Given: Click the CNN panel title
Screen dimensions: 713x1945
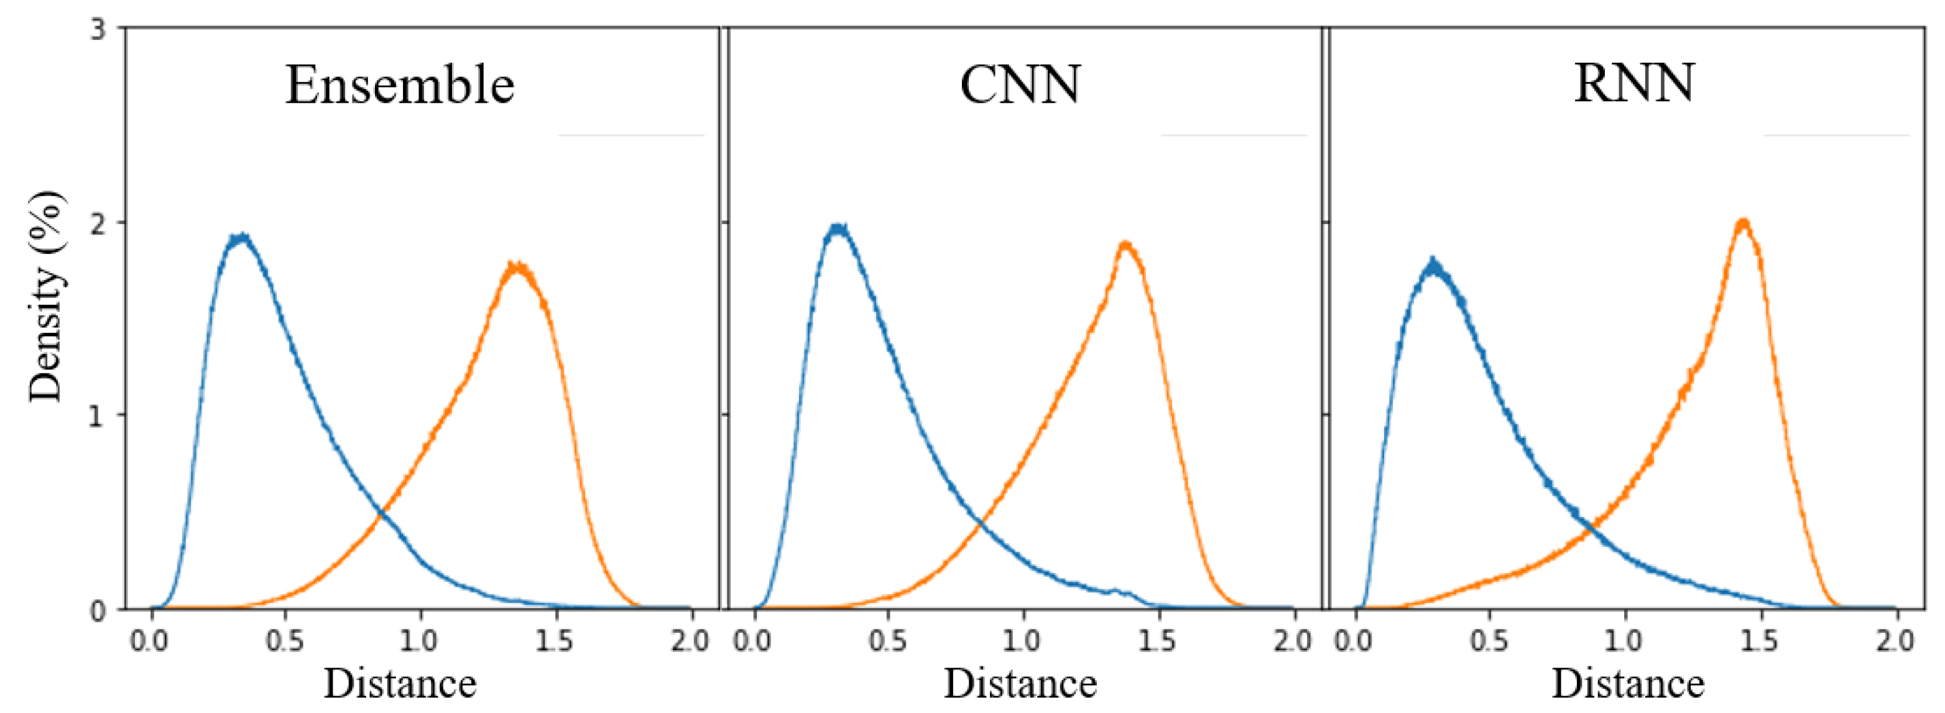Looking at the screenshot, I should click(x=1020, y=85).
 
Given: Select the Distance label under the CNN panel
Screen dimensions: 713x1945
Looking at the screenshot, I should click(x=1020, y=684).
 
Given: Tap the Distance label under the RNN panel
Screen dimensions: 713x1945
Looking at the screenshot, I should click(x=1628, y=684).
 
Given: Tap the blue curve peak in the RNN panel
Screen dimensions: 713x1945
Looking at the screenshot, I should click(x=1433, y=264).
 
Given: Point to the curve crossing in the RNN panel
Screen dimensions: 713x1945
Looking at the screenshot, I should click(x=1593, y=529).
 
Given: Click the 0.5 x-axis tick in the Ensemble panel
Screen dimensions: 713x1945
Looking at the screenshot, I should click(x=284, y=641).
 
